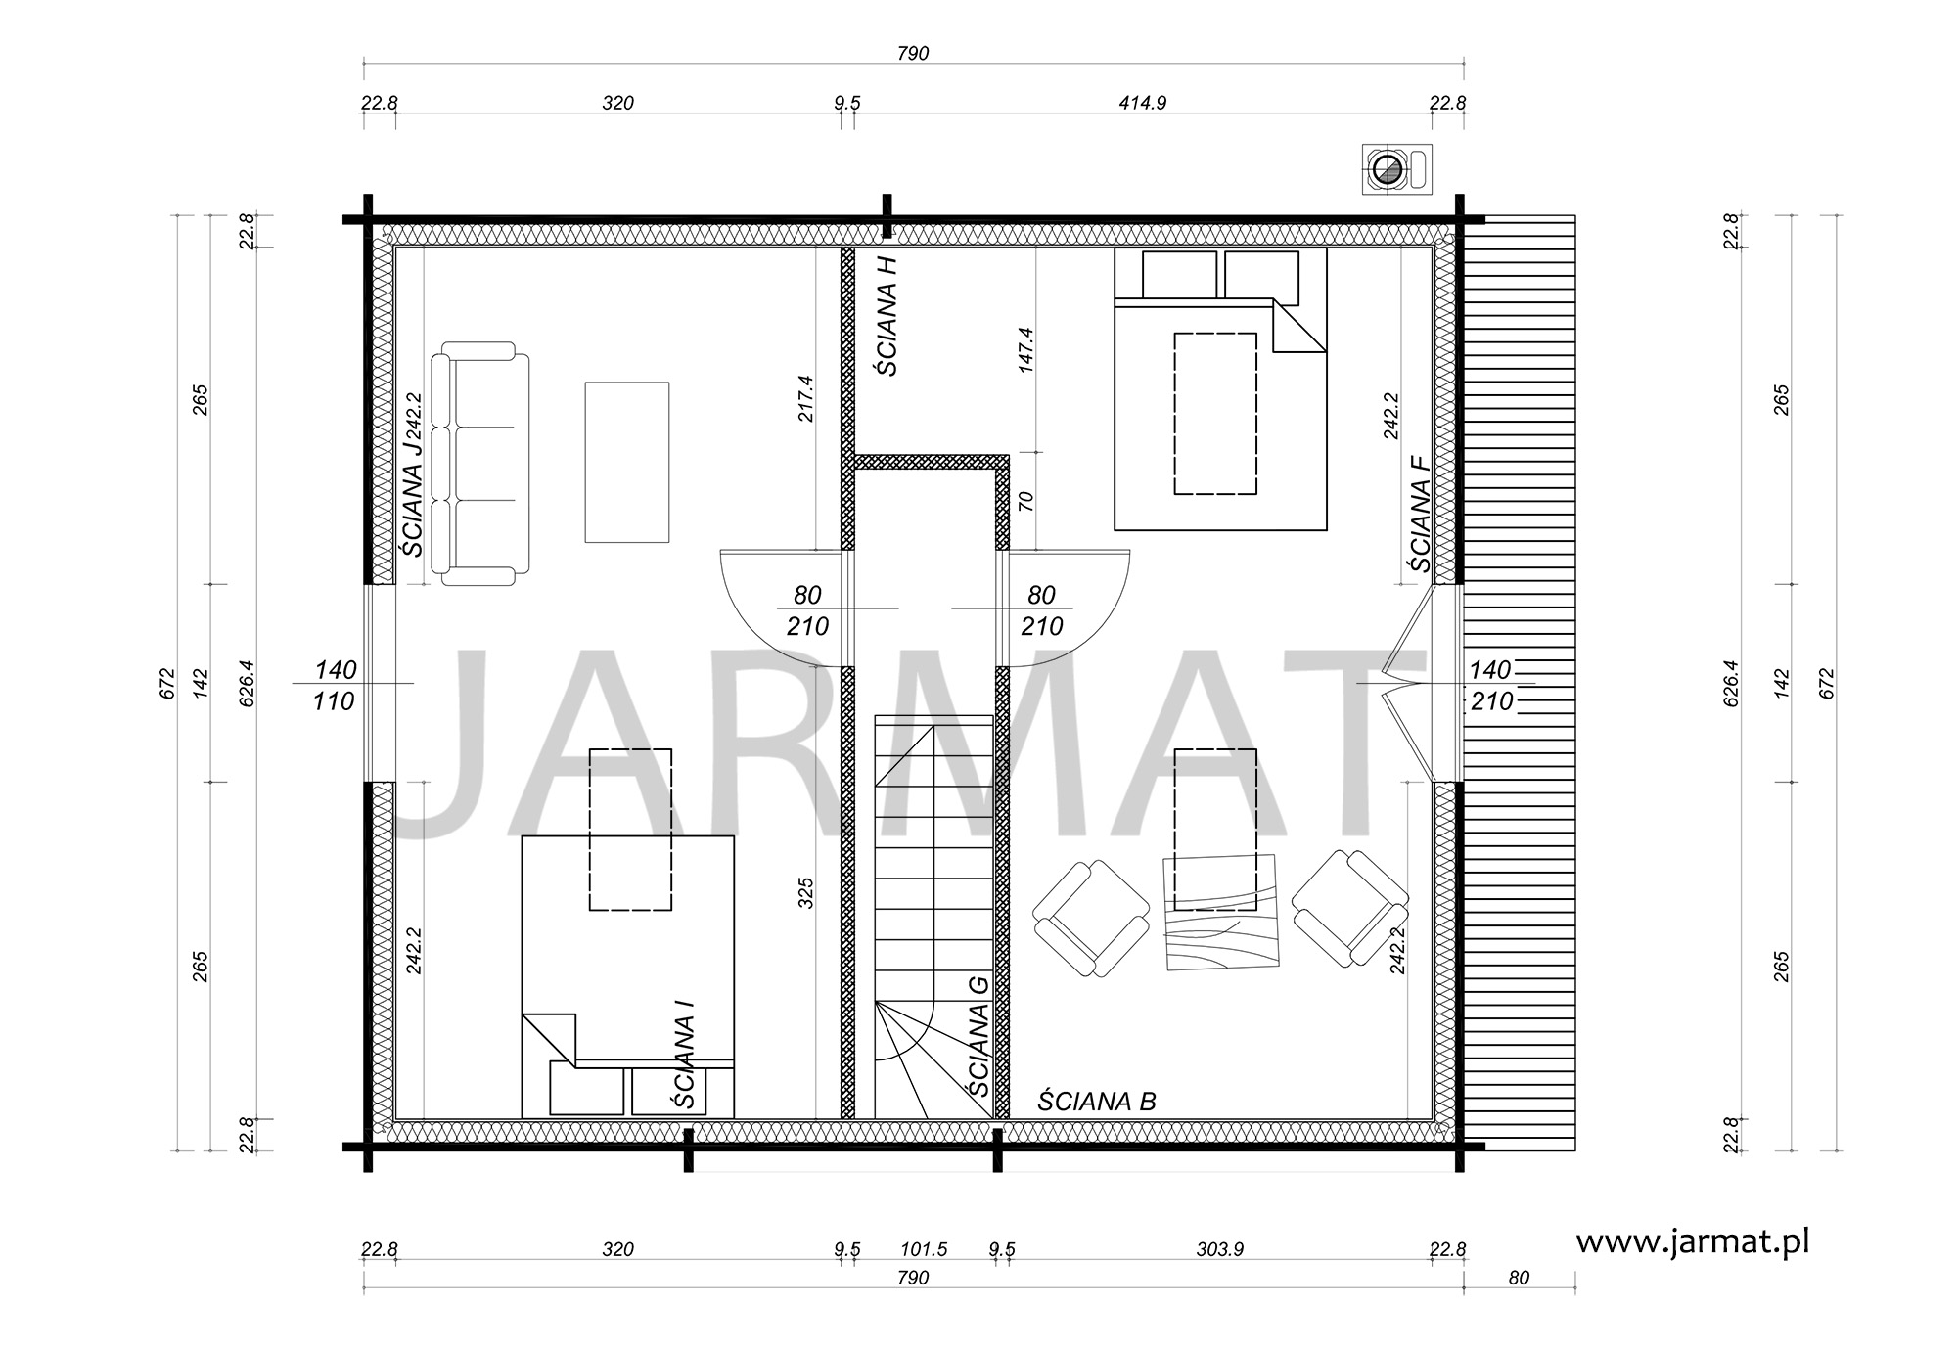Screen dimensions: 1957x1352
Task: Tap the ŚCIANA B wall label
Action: click(1097, 1102)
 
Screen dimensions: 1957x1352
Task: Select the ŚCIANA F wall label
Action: click(1419, 515)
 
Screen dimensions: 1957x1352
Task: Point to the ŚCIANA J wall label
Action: click(413, 498)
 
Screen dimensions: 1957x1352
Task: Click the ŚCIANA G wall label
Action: click(977, 1036)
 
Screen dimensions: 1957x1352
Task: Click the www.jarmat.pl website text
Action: click(1692, 1241)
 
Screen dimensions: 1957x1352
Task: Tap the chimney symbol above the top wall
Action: click(1397, 170)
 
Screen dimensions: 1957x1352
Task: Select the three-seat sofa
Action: click(480, 464)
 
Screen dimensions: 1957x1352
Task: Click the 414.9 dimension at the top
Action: click(1143, 103)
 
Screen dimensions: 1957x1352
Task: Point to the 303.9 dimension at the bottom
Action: click(1219, 1249)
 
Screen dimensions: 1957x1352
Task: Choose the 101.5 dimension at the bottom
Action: click(924, 1249)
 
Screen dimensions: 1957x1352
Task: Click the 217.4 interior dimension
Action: click(806, 399)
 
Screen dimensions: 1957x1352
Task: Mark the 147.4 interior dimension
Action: click(1025, 350)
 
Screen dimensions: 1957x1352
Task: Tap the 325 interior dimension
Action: click(806, 893)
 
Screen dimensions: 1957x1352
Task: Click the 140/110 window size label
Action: click(335, 686)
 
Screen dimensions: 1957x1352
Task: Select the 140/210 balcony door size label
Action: click(1491, 686)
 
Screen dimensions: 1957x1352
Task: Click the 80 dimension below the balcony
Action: click(1519, 1278)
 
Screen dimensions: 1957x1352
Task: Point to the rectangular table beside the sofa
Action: click(627, 462)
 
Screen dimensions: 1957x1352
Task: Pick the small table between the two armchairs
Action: click(1221, 913)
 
